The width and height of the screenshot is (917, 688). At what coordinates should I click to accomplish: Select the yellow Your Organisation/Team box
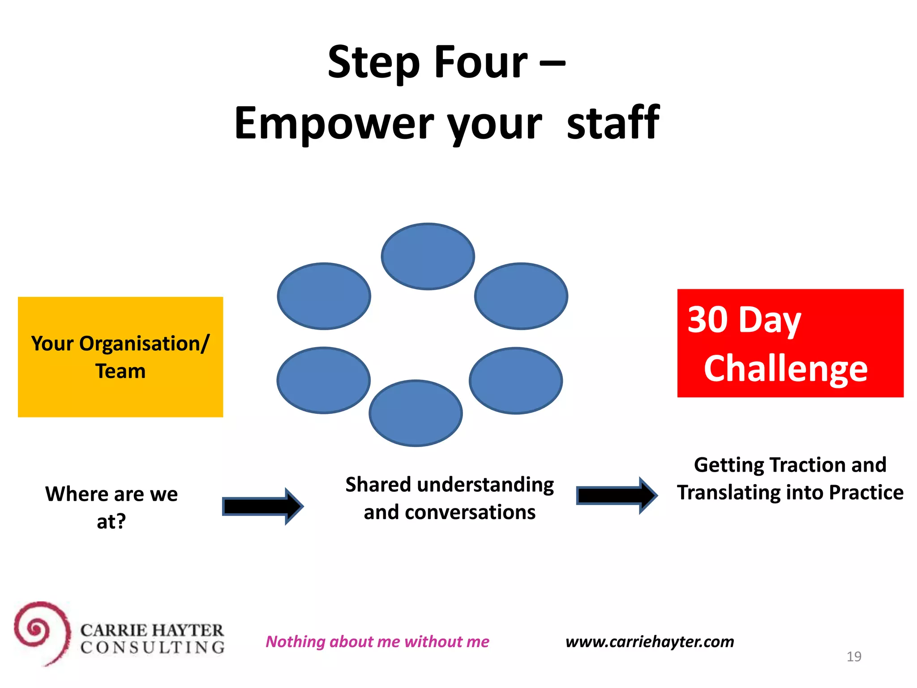click(120, 357)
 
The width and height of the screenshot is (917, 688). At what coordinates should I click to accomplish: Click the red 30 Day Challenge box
click(790, 343)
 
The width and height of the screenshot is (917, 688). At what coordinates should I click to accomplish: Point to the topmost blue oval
click(428, 256)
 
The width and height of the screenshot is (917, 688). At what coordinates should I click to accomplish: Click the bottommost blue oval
click(416, 413)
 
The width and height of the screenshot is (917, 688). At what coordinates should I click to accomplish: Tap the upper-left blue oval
click(324, 296)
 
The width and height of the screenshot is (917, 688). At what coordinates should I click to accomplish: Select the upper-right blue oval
click(521, 296)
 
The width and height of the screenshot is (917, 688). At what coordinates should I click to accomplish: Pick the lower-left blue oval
click(323, 380)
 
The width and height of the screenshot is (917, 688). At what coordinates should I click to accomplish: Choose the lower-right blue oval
click(516, 381)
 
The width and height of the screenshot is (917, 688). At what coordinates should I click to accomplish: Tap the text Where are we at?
click(111, 507)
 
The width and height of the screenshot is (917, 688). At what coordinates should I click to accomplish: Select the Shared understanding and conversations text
click(450, 498)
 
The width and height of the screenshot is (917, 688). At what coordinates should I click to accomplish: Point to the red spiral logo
click(42, 632)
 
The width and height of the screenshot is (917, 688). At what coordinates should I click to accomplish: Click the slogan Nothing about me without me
click(377, 641)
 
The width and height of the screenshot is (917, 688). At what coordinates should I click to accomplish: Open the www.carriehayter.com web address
click(650, 641)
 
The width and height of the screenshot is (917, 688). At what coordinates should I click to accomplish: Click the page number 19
click(854, 657)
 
